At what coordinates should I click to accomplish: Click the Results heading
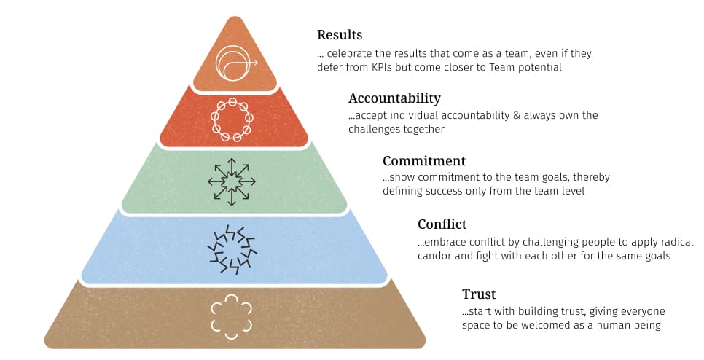point(340,35)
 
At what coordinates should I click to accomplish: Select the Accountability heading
point(394,98)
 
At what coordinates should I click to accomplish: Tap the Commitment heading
point(423,160)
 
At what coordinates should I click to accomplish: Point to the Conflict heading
point(442,224)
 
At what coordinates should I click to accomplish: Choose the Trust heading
point(478,294)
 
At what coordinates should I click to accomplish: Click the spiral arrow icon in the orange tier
point(235,63)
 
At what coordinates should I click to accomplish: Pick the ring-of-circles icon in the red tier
point(232,120)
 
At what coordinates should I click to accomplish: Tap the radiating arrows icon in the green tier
point(232,180)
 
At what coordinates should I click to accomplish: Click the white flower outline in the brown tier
point(232,316)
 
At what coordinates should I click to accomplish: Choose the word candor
point(436,257)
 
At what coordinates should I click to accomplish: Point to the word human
point(613,325)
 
